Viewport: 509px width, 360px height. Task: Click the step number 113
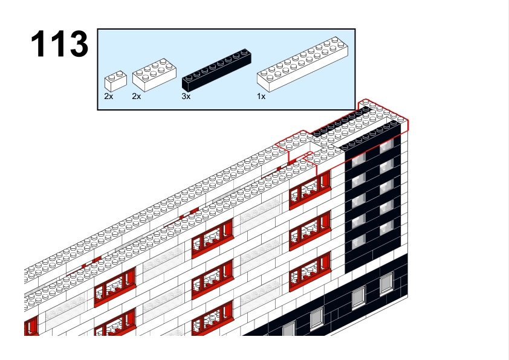(59, 43)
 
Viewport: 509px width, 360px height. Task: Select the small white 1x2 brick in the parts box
(115, 81)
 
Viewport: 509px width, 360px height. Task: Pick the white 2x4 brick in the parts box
(154, 75)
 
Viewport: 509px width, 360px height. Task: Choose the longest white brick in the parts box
(302, 64)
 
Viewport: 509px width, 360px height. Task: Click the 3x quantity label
(186, 96)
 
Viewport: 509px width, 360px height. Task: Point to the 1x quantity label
(261, 96)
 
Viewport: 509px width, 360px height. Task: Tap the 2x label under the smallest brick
(109, 96)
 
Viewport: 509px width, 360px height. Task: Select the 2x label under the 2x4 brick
(137, 96)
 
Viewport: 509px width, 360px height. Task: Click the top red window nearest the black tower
(310, 190)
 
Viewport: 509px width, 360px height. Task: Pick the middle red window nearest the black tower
(310, 230)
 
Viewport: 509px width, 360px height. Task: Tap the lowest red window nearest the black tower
(310, 271)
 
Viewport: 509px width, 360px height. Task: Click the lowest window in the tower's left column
(358, 241)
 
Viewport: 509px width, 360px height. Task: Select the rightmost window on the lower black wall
(386, 283)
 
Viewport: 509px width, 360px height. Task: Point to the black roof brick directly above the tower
(371, 135)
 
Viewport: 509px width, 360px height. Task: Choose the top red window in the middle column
(213, 238)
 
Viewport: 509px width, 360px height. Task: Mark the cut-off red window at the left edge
(31, 325)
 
